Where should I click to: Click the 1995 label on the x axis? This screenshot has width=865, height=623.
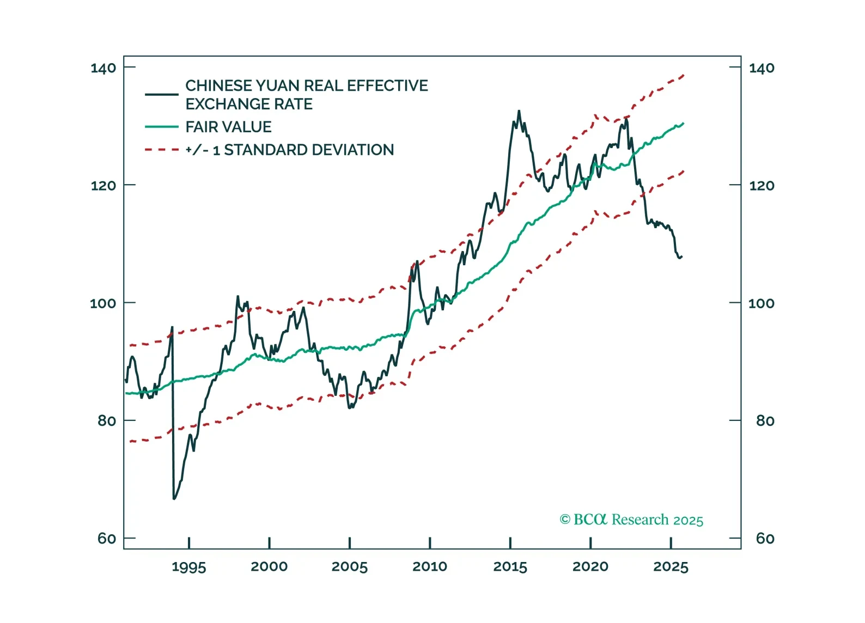point(188,567)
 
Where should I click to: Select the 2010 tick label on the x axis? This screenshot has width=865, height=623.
point(429,567)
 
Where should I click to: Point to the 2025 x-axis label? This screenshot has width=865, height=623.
point(671,567)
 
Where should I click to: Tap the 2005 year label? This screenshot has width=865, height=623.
point(349,567)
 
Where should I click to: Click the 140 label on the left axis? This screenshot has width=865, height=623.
point(103,68)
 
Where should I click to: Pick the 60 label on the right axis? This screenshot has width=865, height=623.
point(765,539)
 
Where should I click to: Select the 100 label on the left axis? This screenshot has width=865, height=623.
point(103,303)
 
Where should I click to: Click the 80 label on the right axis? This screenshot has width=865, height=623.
point(765,421)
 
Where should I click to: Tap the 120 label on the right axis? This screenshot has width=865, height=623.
point(762,186)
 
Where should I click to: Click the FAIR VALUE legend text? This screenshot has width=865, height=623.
point(228,127)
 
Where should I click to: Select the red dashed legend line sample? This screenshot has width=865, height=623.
point(161,150)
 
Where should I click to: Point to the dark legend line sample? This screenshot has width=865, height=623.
point(161,94)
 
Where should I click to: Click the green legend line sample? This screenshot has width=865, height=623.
point(161,127)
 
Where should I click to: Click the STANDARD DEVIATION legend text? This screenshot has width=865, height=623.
point(309,150)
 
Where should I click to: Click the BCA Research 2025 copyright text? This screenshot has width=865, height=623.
point(631,520)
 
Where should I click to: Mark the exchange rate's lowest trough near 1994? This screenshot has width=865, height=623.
point(174,498)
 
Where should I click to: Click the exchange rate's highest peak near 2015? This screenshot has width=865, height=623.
point(519,111)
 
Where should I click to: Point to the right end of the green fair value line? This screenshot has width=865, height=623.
point(683,124)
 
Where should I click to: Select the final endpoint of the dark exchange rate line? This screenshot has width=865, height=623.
point(681,256)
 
